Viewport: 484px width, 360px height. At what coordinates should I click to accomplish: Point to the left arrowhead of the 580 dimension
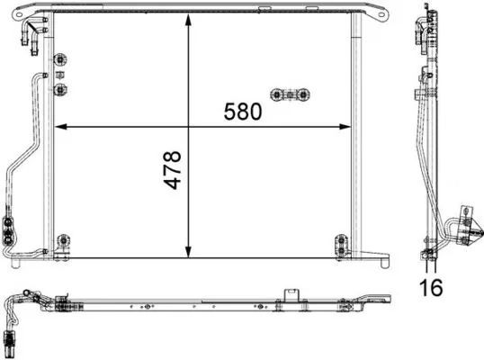pos(59,125)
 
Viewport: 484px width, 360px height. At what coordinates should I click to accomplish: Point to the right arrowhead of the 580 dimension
pos(348,125)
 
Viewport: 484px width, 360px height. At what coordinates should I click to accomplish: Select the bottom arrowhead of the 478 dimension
pos(188,254)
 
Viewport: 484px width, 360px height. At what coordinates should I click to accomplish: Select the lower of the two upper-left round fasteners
pos(62,89)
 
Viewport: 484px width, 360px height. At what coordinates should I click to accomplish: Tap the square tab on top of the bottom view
pos(291,295)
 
